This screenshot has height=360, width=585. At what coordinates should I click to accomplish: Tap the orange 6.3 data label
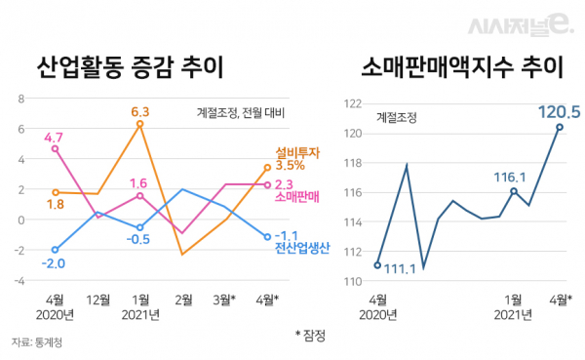click(139, 111)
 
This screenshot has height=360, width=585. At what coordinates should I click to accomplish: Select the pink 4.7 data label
click(55, 137)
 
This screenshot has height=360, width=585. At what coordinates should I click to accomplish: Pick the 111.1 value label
click(401, 268)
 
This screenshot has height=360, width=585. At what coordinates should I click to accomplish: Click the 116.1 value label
click(510, 178)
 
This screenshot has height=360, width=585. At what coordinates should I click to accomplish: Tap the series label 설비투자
click(295, 151)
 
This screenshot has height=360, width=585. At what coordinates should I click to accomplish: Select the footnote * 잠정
click(310, 335)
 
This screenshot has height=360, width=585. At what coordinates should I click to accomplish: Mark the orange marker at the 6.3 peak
click(140, 124)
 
